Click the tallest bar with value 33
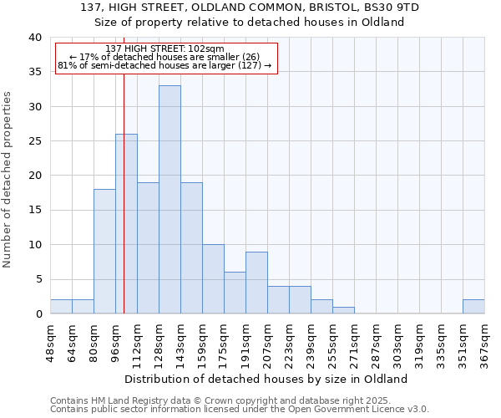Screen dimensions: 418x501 point(170,200)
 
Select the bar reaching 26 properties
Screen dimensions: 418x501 point(126,224)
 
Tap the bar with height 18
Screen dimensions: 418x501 point(104,252)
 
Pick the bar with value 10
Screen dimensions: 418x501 point(213,279)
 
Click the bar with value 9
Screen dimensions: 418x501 point(256,283)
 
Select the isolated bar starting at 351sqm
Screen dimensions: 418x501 point(473,307)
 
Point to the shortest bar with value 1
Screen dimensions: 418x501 point(343,310)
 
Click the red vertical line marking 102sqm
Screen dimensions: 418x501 point(124,184)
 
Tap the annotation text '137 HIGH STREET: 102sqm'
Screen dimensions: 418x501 point(165,49)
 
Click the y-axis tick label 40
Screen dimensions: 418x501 point(34,38)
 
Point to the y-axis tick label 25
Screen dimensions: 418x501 point(34,141)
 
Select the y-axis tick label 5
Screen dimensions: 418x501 point(38,279)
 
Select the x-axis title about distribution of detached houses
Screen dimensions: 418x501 point(266,379)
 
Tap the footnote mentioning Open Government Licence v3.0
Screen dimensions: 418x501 point(240,409)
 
